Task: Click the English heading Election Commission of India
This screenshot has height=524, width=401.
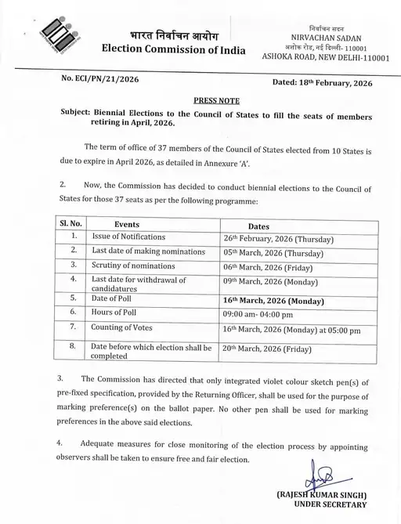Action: tap(174, 51)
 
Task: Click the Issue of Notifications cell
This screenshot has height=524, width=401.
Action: tap(128, 236)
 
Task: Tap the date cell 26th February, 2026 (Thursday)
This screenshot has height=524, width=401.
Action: tap(278, 238)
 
